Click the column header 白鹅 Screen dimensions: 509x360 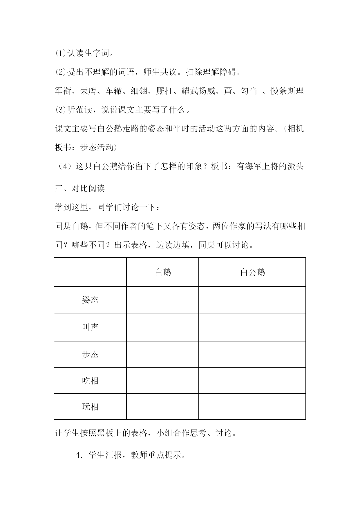pos(163,272)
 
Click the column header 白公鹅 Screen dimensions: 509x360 pos(252,272)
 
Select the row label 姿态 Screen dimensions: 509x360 pos(90,300)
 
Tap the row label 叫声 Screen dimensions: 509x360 pos(90,327)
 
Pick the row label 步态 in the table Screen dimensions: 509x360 pos(90,355)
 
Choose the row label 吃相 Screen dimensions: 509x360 pos(90,381)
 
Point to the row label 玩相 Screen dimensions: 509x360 pos(90,407)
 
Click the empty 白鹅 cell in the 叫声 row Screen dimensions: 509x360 pos(163,327)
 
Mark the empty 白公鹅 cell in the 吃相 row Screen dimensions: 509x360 pos(252,381)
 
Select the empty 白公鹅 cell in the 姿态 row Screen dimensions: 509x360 pos(252,300)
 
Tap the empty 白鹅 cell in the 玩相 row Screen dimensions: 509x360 pos(163,407)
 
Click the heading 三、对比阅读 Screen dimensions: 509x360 pos(80,189)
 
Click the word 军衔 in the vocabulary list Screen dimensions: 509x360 pos(63,91)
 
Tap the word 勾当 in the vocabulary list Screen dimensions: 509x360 pos(249,91)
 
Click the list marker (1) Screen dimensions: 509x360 pos(61,53)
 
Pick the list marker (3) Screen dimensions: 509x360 pos(61,110)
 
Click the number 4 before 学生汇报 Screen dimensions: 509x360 pos(77,455)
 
